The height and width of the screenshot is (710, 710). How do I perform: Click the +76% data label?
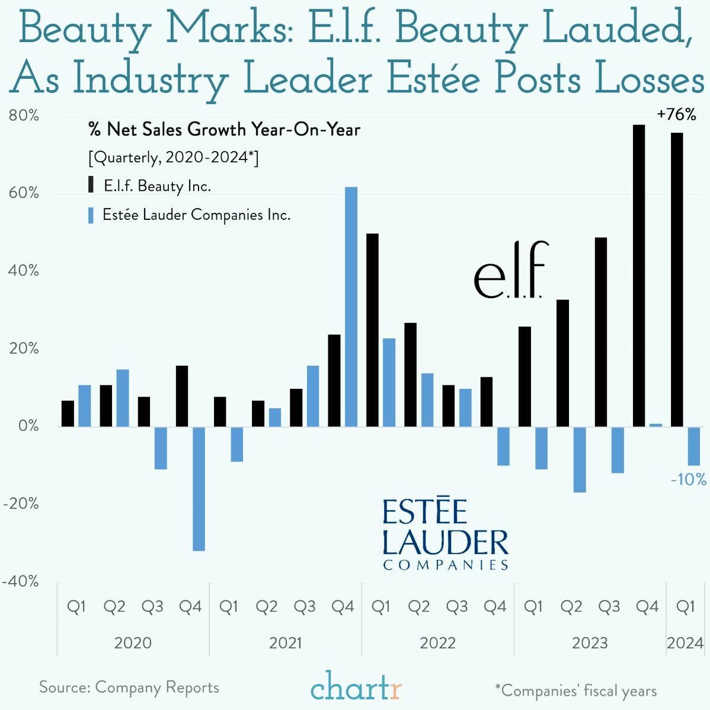[676, 115]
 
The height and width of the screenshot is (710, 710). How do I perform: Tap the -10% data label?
[688, 479]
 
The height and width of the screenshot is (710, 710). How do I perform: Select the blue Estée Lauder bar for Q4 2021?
[351, 307]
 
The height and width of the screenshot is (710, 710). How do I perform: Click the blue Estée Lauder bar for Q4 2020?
[199, 489]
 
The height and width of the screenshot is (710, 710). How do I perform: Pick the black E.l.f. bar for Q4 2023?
[639, 276]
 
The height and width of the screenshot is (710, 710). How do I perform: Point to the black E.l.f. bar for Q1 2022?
[372, 330]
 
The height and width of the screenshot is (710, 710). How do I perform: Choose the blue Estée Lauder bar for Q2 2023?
[580, 459]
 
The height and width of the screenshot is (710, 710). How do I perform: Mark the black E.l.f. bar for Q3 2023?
[601, 332]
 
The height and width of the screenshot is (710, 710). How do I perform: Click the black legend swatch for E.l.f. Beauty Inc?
[91, 185]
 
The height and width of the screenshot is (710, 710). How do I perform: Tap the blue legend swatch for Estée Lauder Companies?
[91, 215]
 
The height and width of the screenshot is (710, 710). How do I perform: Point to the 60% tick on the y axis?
[24, 193]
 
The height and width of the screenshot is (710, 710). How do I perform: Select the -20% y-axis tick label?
[21, 504]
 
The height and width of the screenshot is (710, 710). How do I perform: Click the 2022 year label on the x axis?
[437, 643]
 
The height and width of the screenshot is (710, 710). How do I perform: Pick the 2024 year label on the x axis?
[685, 643]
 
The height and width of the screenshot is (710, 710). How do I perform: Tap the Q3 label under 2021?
[305, 607]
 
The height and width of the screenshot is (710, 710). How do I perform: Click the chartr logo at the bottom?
[356, 688]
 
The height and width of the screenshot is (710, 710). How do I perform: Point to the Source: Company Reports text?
[129, 687]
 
